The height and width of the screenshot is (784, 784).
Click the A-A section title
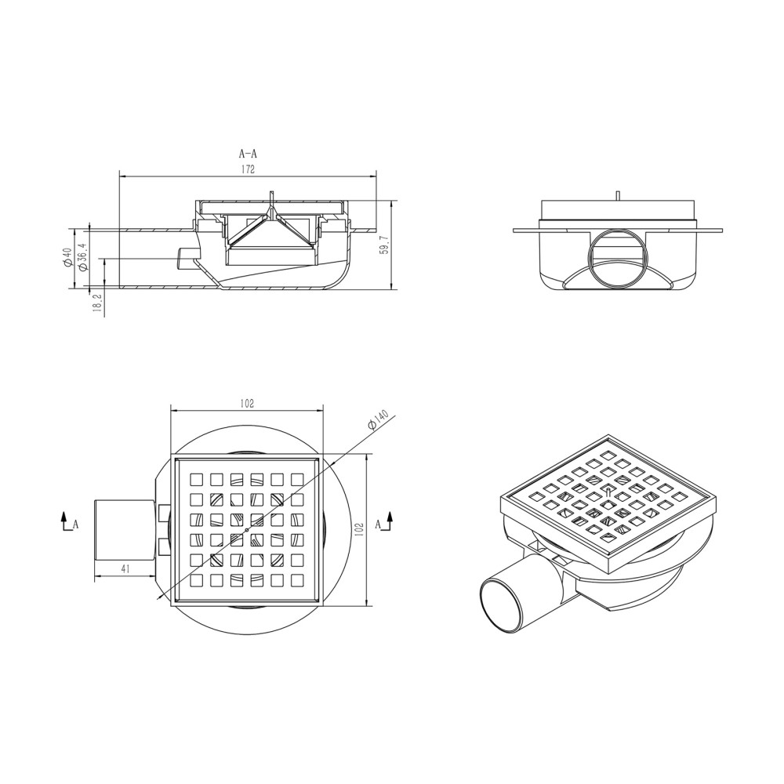(248, 154)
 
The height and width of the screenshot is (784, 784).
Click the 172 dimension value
(249, 169)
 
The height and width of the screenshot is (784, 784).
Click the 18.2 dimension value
(97, 303)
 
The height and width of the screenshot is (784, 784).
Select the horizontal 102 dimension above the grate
(248, 403)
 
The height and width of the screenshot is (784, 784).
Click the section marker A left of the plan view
(75, 524)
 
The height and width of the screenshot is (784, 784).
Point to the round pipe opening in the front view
(617, 259)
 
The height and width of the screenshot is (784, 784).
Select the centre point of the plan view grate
(247, 530)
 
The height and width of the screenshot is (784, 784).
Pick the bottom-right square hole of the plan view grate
(297, 581)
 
